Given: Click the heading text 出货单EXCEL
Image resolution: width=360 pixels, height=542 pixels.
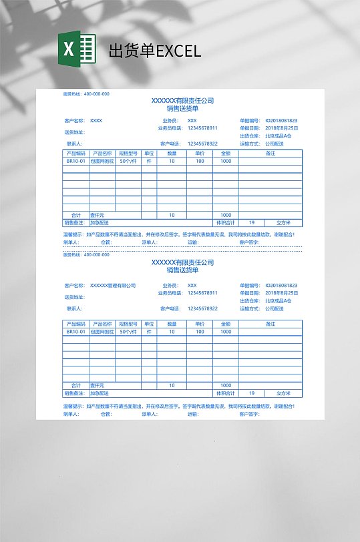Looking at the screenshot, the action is pyautogui.click(x=154, y=51).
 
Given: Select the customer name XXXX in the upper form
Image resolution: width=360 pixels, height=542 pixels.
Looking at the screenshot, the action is pyautogui.click(x=96, y=120).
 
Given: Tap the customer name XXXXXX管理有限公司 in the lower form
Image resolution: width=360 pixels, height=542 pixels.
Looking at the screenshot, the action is pyautogui.click(x=113, y=285).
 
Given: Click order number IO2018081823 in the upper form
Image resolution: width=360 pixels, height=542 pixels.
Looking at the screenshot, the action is pyautogui.click(x=281, y=120).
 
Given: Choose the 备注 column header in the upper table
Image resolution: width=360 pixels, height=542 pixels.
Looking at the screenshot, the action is pyautogui.click(x=271, y=153).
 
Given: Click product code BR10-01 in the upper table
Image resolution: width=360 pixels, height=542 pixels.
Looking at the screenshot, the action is pyautogui.click(x=75, y=161).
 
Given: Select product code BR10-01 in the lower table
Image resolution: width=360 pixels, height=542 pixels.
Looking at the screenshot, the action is pyautogui.click(x=75, y=331).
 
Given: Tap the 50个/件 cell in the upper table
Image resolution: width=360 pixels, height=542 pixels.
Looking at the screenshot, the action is pyautogui.click(x=128, y=161).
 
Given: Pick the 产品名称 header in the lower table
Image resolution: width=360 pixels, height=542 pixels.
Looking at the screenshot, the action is pyautogui.click(x=102, y=324).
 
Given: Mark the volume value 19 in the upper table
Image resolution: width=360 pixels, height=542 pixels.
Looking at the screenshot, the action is pyautogui.click(x=251, y=222).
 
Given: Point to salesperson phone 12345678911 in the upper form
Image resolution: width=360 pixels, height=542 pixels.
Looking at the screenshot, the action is pyautogui.click(x=202, y=127).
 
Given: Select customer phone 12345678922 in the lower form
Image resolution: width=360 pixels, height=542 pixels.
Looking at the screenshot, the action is pyautogui.click(x=202, y=308).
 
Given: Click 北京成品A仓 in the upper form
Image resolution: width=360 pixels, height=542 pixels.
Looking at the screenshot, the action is pyautogui.click(x=278, y=135).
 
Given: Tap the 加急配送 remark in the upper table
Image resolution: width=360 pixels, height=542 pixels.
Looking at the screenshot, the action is pyautogui.click(x=99, y=222).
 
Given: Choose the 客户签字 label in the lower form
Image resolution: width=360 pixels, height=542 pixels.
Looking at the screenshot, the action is pyautogui.click(x=248, y=414).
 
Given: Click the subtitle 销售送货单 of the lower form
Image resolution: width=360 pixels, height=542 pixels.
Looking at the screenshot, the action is pyautogui.click(x=182, y=270).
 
